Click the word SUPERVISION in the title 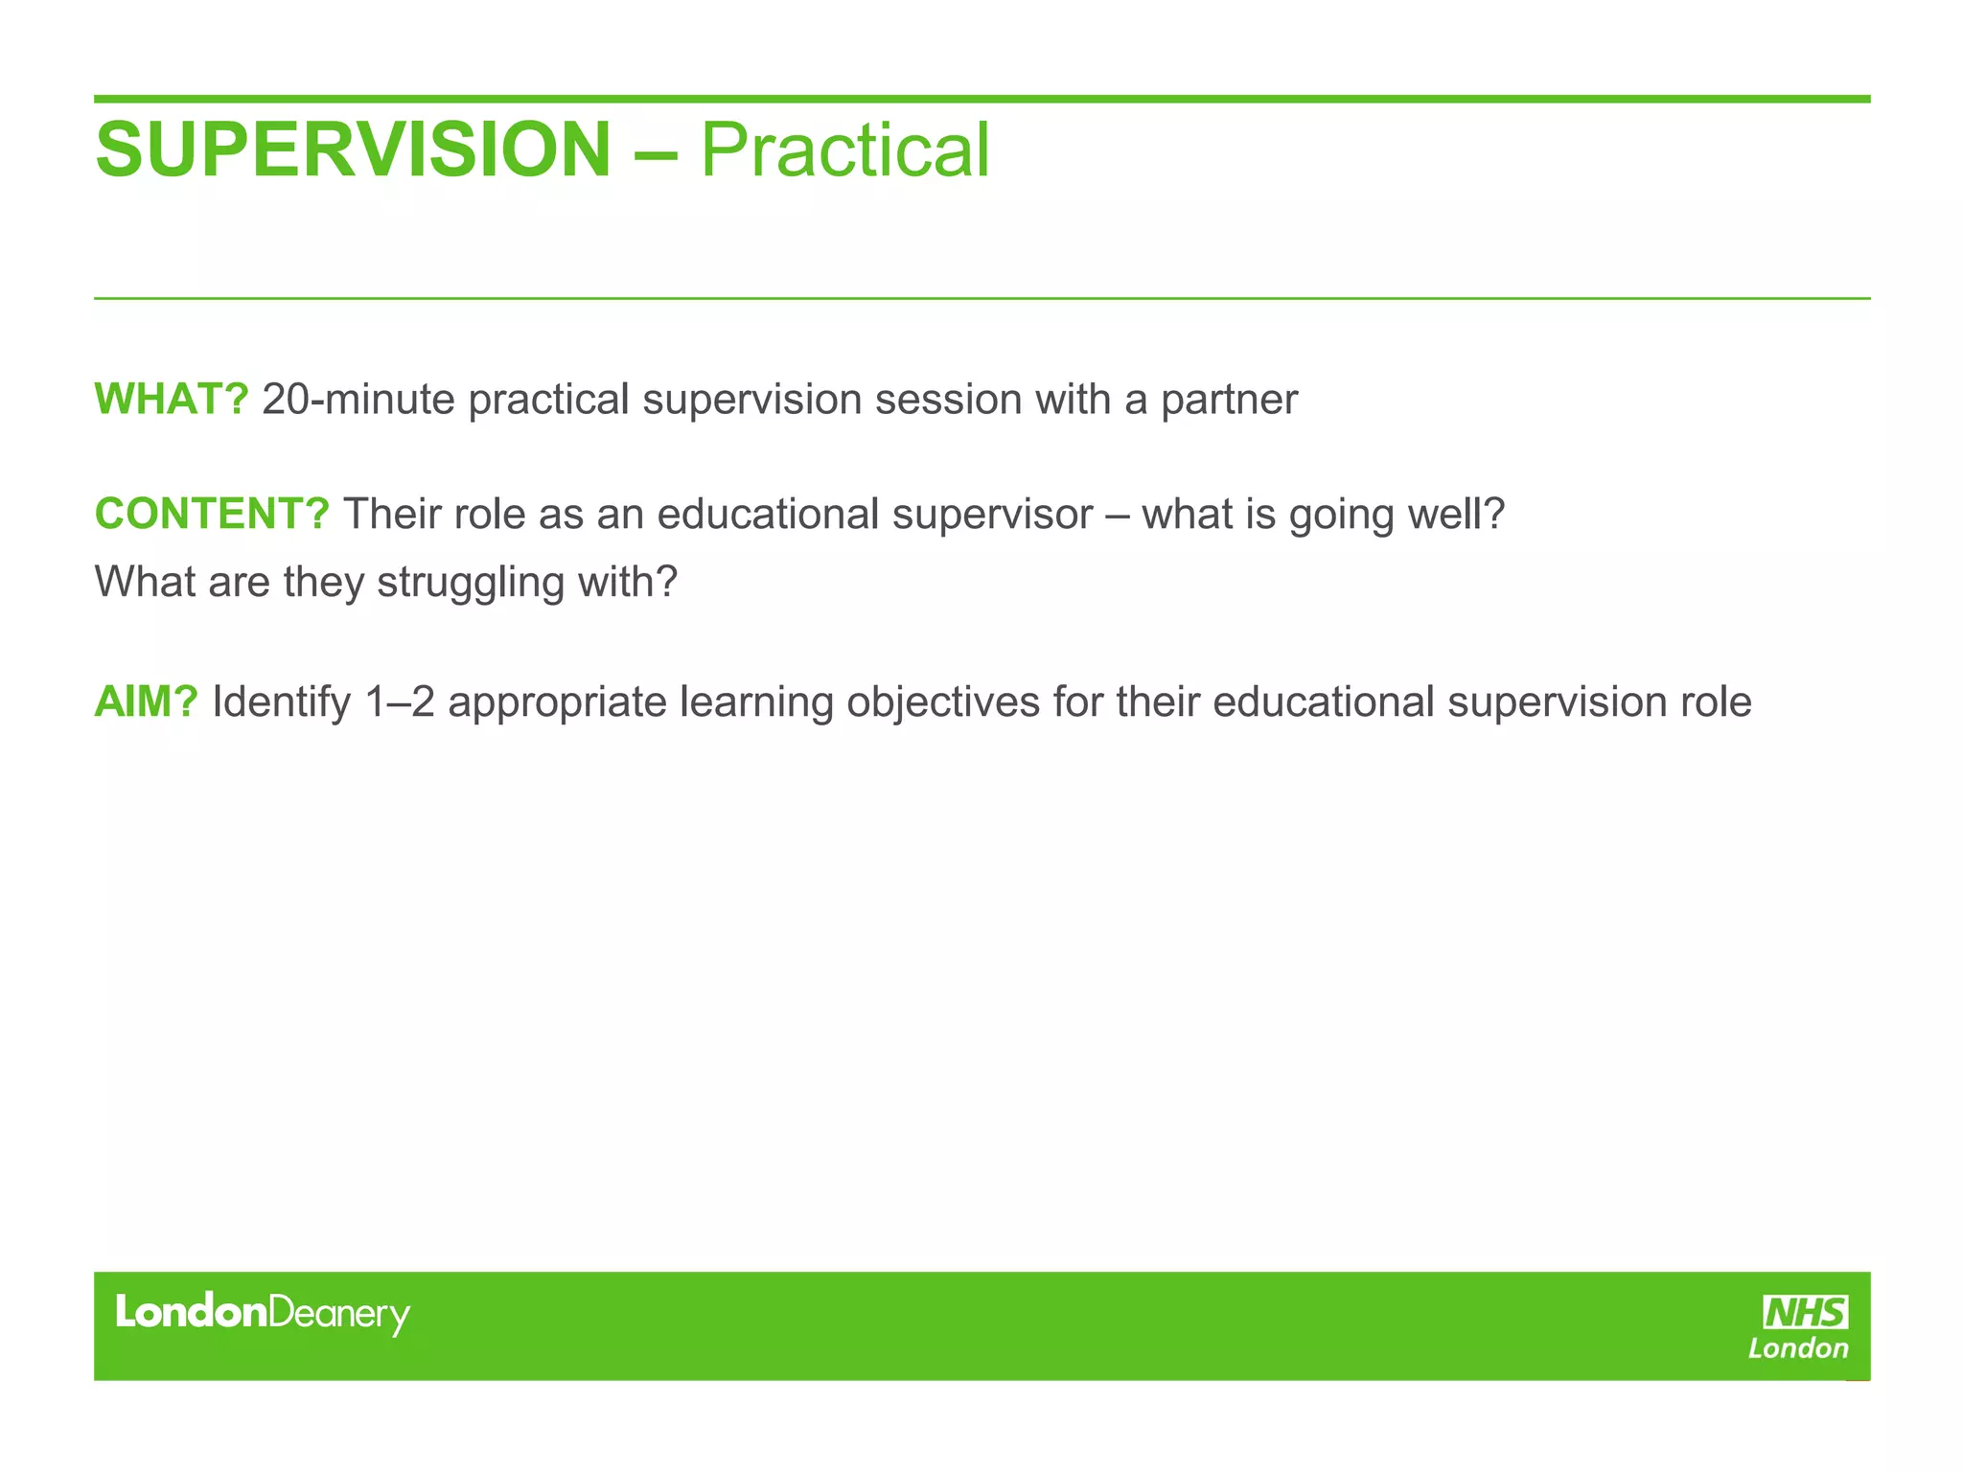pyautogui.click(x=353, y=150)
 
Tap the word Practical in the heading pyautogui.click(x=844, y=150)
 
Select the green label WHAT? pyautogui.click(x=172, y=400)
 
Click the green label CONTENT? pyautogui.click(x=212, y=515)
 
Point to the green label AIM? pyautogui.click(x=146, y=702)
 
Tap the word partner pyautogui.click(x=1229, y=400)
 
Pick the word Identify pyautogui.click(x=282, y=702)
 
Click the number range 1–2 pyautogui.click(x=400, y=702)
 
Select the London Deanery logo pyautogui.click(x=263, y=1313)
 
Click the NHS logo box pyautogui.click(x=1806, y=1312)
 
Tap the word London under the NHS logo pyautogui.click(x=1798, y=1349)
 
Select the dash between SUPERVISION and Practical pyautogui.click(x=656, y=152)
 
